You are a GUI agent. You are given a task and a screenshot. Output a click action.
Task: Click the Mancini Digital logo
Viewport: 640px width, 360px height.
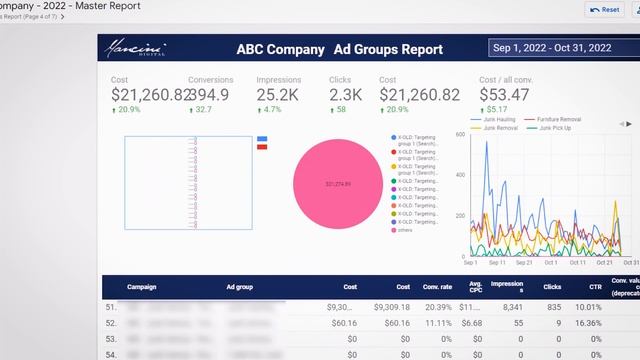point(140,48)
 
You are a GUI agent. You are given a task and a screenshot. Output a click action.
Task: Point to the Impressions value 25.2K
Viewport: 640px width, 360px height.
point(278,95)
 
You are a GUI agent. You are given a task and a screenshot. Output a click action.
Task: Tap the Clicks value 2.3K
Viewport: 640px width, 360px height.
point(345,95)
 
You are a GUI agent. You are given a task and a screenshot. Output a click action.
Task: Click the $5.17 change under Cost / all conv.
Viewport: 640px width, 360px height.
point(496,109)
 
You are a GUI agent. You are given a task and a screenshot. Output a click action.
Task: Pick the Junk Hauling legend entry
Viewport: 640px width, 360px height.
point(497,119)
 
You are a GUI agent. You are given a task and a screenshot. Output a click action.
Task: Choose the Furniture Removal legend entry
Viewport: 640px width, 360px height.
point(557,119)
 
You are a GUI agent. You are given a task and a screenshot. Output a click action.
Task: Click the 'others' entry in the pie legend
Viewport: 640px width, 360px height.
point(405,230)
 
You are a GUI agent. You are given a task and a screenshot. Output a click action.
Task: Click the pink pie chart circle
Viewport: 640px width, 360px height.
point(338,184)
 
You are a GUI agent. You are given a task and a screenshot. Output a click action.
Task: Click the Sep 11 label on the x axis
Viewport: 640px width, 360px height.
point(497,263)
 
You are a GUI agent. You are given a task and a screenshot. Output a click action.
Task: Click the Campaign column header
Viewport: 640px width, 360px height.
point(142,287)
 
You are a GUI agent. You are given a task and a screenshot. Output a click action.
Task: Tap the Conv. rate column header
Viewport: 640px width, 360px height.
point(438,287)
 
